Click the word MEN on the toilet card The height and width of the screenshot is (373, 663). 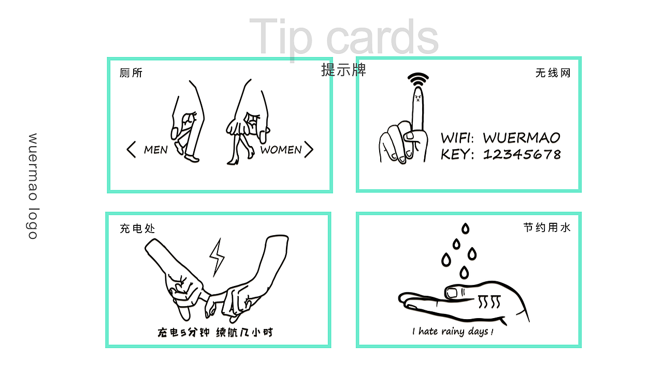click(x=156, y=150)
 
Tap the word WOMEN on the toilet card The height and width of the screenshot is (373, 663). click(x=281, y=150)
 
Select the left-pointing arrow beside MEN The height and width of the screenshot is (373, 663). click(x=131, y=150)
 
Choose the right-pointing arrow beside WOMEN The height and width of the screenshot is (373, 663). click(x=309, y=150)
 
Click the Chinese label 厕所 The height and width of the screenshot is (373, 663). click(x=131, y=73)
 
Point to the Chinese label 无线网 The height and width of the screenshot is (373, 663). click(x=553, y=73)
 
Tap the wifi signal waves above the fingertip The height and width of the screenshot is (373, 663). click(x=418, y=79)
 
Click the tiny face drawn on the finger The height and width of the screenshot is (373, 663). click(x=418, y=97)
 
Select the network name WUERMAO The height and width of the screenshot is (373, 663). click(x=522, y=138)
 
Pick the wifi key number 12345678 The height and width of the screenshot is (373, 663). click(x=522, y=154)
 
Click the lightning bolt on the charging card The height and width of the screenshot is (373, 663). click(x=217, y=257)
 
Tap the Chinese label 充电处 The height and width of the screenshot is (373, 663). click(x=137, y=228)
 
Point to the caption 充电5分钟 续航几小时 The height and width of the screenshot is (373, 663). click(x=215, y=333)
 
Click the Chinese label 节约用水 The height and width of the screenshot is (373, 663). click(x=547, y=227)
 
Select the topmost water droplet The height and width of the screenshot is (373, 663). click(x=466, y=228)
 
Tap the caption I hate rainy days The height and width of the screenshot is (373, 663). click(x=453, y=331)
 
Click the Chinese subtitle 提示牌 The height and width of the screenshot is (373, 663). click(x=343, y=70)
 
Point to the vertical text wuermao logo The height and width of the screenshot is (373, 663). click(x=33, y=186)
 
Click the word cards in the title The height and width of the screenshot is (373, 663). click(x=382, y=37)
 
